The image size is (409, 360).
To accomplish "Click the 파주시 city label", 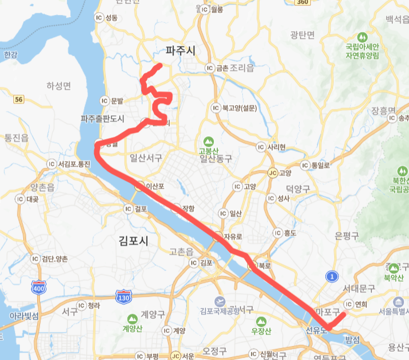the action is coord(181,51).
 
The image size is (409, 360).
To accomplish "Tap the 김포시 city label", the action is coord(134,240).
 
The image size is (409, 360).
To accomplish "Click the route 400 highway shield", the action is coord(39,287).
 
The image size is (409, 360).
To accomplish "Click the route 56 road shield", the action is coord(19,99).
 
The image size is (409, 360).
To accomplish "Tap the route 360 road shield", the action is coord(302,2).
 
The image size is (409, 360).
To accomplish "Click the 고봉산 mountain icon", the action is coord(208,141).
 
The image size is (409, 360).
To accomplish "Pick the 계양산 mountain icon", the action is coord(132,320).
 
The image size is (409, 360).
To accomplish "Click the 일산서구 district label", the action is coord(146,158).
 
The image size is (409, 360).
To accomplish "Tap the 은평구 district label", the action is coord(347,235).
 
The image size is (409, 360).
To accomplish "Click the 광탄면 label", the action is coord(302,35).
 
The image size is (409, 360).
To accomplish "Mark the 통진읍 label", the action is coord(16,138).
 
